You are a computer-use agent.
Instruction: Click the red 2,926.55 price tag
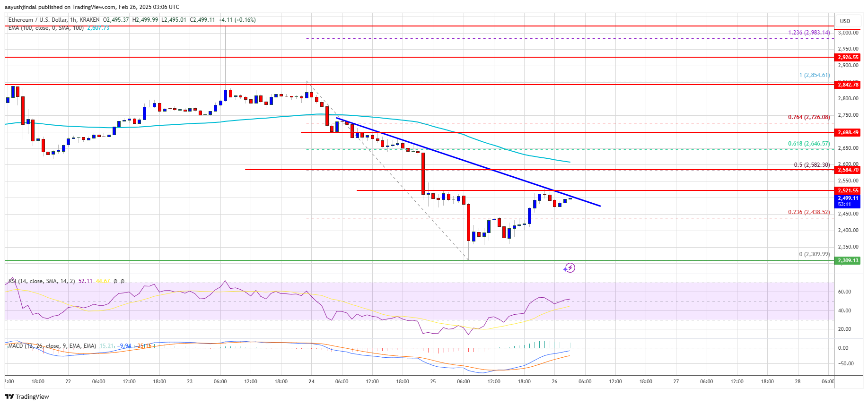point(848,57)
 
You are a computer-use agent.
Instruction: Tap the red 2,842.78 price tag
point(848,85)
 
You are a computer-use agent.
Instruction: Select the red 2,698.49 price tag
point(848,132)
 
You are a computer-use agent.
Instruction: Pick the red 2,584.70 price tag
point(848,170)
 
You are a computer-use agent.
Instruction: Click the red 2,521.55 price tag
point(848,190)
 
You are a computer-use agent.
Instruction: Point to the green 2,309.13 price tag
point(848,260)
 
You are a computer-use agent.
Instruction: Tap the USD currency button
point(845,21)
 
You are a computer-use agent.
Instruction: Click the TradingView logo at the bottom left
point(27,396)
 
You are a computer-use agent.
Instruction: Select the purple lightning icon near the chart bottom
point(569,268)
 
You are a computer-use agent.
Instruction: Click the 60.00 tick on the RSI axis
point(844,292)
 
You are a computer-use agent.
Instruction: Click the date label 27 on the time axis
point(676,381)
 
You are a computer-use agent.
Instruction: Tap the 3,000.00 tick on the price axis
point(848,33)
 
